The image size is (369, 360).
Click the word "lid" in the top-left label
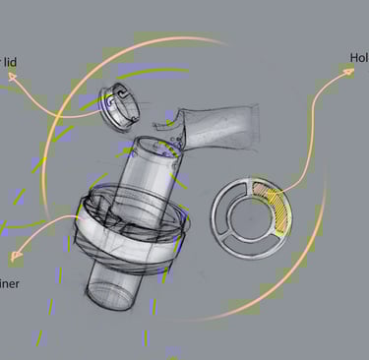pyautogui.click(x=10, y=63)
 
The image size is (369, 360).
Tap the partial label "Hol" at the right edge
pyautogui.click(x=358, y=57)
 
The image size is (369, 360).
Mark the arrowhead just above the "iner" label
pyautogui.click(x=14, y=259)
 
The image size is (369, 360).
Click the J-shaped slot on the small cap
pyautogui.click(x=120, y=96)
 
